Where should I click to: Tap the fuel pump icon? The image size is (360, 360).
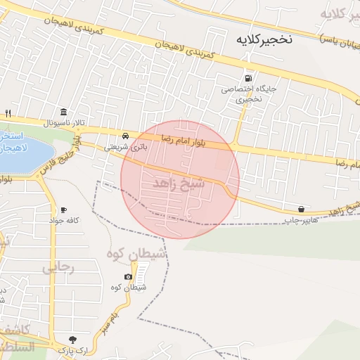[247, 78]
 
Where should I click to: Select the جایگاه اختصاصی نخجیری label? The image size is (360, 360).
[242, 94]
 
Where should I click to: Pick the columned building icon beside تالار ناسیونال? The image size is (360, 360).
[65, 112]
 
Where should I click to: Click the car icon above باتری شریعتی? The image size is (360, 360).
[124, 135]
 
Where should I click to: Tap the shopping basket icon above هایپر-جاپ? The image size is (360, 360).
[302, 209]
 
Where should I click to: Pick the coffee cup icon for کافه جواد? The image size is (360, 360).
[63, 210]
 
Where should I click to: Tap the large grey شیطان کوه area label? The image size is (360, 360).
[137, 253]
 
